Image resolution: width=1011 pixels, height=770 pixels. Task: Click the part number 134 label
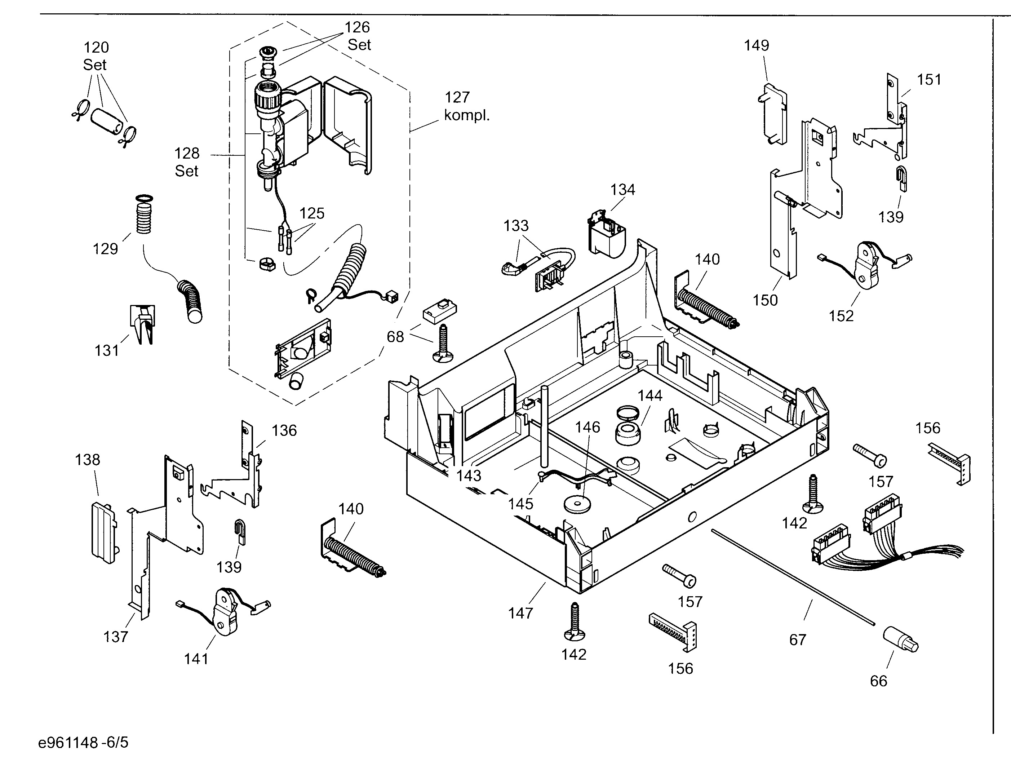pyautogui.click(x=622, y=190)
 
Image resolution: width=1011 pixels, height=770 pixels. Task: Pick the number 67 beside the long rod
pyautogui.click(x=797, y=640)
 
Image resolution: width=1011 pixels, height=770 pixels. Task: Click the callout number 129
pyautogui.click(x=105, y=249)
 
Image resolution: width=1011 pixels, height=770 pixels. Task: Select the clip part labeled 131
pyautogui.click(x=143, y=324)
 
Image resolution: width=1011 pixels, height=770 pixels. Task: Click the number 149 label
pyautogui.click(x=756, y=45)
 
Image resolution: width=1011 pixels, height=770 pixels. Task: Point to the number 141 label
pyautogui.click(x=196, y=659)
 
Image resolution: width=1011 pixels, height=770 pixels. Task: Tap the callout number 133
pyautogui.click(x=516, y=226)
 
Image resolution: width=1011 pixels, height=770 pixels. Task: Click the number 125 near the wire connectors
pyautogui.click(x=312, y=213)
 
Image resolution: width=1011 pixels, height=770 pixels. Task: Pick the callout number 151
pyautogui.click(x=929, y=80)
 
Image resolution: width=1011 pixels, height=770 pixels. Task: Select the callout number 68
pyautogui.click(x=395, y=337)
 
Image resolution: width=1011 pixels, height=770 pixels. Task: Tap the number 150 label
pyautogui.click(x=765, y=300)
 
